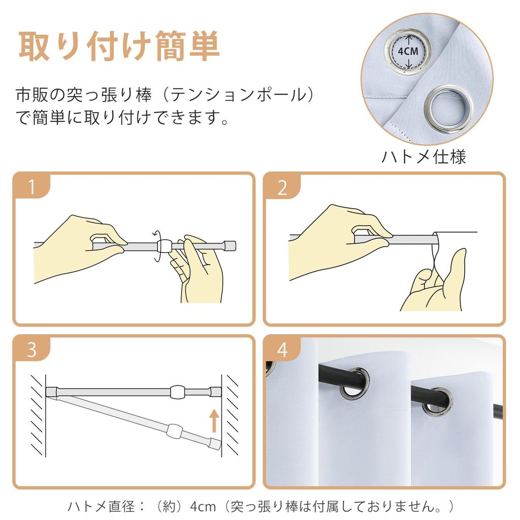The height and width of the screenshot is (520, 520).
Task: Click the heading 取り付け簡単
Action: coord(119,46)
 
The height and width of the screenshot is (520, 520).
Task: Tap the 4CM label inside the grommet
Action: coord(408,51)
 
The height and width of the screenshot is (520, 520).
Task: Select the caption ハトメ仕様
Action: coord(424,157)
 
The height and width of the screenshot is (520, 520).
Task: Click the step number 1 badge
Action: coord(32,187)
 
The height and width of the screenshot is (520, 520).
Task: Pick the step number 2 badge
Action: coord(282,187)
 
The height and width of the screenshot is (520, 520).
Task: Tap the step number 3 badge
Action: coord(32,349)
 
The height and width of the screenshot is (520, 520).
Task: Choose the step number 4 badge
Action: coord(282,349)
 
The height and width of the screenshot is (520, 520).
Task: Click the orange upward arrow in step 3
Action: coord(214,420)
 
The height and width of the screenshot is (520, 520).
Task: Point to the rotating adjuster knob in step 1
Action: coord(164,246)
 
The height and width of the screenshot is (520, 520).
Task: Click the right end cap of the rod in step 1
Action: coord(230,246)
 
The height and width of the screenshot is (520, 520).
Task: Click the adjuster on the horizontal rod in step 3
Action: coord(178,392)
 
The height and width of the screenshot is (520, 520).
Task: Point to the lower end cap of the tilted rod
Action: coord(215,444)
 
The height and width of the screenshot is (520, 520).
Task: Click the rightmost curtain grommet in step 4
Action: coord(438,402)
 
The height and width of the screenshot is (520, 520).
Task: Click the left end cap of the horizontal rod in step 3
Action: coord(52,392)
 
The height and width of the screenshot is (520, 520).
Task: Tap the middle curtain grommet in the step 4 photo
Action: coord(354,382)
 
